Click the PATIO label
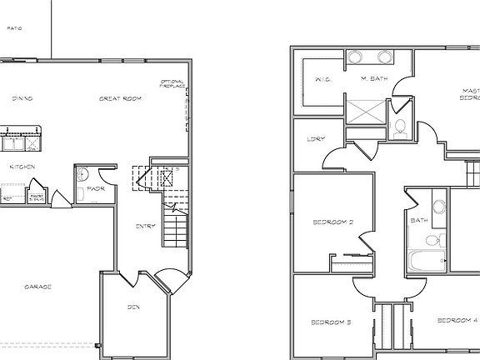(x=13, y=28)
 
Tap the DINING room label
(x=22, y=99)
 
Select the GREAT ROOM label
(x=120, y=99)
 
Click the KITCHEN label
(x=22, y=167)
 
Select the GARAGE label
(x=37, y=287)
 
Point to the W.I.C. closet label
(x=324, y=80)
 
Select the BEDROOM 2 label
(x=333, y=222)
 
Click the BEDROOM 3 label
(x=330, y=322)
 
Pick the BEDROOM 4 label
(x=457, y=320)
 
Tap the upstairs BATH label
(x=418, y=221)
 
